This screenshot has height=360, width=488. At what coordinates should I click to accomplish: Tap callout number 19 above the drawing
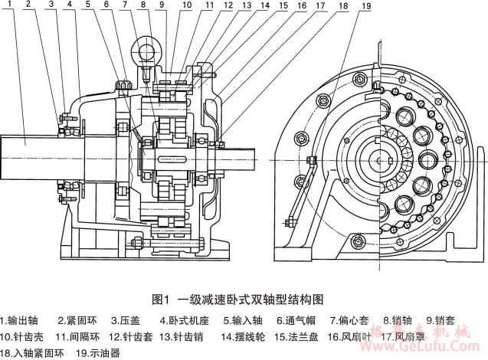(x=365, y=6)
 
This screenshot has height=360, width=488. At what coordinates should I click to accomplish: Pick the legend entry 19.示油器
(x=98, y=353)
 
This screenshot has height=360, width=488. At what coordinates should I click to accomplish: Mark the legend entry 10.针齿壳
(x=27, y=335)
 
